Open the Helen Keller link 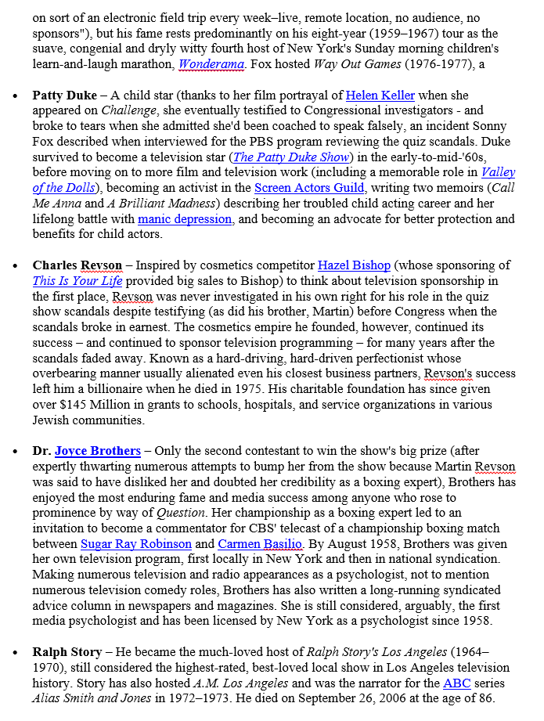tap(380, 96)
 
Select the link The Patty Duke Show tap(290, 157)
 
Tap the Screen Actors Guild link tap(309, 188)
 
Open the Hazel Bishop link tap(355, 265)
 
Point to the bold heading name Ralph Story tap(67, 652)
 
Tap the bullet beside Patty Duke tap(16, 96)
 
